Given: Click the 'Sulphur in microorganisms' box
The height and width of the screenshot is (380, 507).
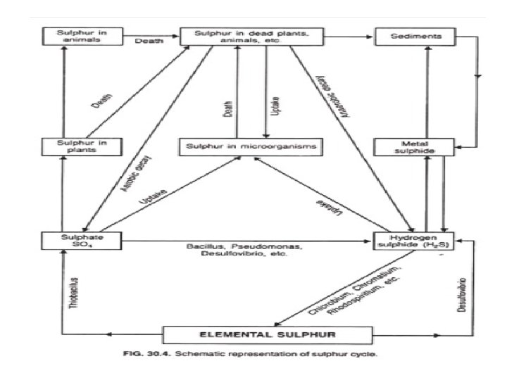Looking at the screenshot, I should click(x=251, y=147).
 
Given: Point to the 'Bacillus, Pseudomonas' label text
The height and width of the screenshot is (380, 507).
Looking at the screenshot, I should click(x=243, y=248).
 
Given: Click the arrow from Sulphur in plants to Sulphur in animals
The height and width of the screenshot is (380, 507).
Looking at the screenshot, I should click(x=63, y=91).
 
